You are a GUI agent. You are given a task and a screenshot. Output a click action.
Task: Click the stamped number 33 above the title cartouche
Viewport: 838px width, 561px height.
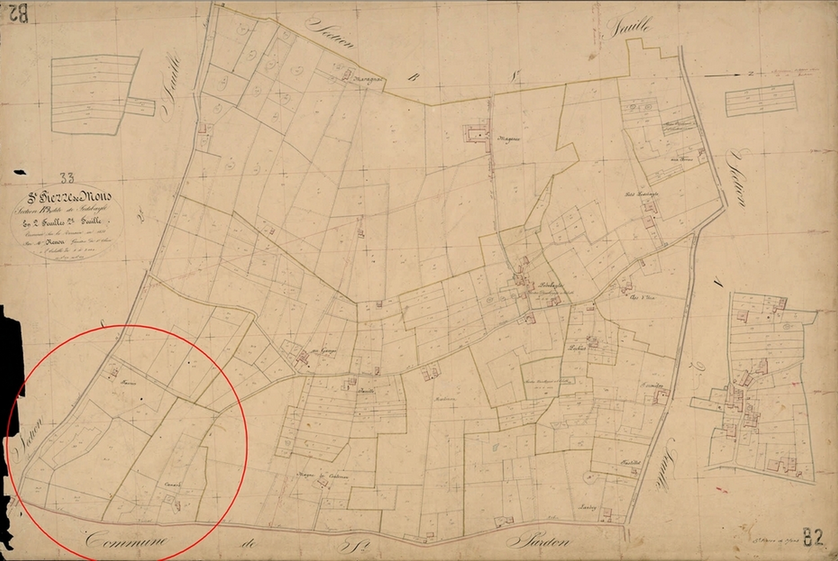[x=67, y=178]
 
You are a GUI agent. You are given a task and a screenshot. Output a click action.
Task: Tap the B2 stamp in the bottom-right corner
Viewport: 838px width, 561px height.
[x=813, y=538]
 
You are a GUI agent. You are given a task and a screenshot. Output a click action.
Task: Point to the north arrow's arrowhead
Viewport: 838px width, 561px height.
[x=737, y=75]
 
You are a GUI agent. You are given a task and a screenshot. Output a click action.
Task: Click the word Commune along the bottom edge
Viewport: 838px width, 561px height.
[x=127, y=541]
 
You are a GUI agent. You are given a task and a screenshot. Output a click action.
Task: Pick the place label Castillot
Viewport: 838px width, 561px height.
[x=631, y=462]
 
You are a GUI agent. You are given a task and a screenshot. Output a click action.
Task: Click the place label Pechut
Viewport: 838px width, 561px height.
[x=576, y=349]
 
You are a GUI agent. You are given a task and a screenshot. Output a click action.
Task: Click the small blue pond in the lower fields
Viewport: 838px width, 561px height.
[x=495, y=447]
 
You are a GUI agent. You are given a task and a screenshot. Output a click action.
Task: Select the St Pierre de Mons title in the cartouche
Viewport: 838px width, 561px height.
[x=69, y=198]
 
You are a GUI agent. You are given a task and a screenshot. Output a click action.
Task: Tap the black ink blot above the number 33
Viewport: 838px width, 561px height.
[x=20, y=172]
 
